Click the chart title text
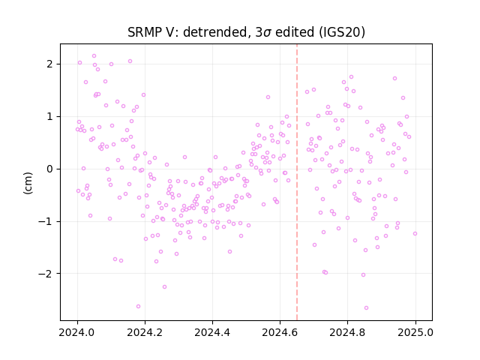click(x=246, y=32)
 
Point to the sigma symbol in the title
click(x=267, y=33)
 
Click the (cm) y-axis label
click(x=28, y=183)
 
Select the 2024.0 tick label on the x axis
click(x=77, y=332)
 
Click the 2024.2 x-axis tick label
click(x=145, y=332)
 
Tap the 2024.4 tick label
click(x=212, y=332)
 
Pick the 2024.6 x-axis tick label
click(x=280, y=332)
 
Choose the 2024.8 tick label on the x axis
click(x=347, y=332)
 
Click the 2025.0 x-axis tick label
click(x=415, y=332)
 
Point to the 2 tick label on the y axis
click(x=49, y=64)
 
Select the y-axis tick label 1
click(x=49, y=117)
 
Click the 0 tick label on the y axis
click(x=49, y=169)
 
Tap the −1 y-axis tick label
click(x=45, y=221)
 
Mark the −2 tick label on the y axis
click(x=45, y=273)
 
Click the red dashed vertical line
click(x=297, y=182)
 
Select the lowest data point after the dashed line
click(x=366, y=307)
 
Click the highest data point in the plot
click(x=94, y=55)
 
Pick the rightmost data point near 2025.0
click(x=415, y=233)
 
